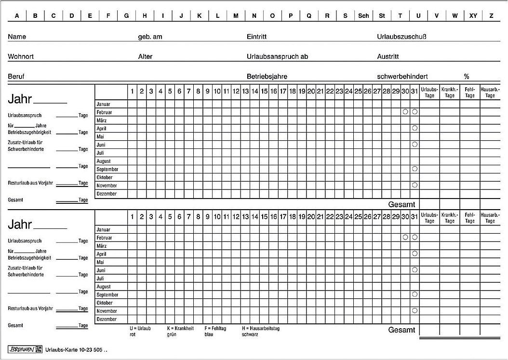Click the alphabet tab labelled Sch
coord(363,16)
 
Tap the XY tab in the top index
coord(473,16)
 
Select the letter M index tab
coord(236,16)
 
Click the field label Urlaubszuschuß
coord(401,37)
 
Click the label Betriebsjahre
coord(267,77)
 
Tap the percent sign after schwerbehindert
coord(467,77)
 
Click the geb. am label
coord(150,37)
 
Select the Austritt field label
coord(388,57)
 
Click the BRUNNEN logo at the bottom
coord(19,349)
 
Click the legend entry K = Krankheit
coord(180,328)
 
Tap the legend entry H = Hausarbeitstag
coord(261,328)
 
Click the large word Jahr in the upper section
coord(20,100)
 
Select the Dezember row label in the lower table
coord(107,319)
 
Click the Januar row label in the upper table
coord(103,104)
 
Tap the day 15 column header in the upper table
coord(264,91)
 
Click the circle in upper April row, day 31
coord(414,128)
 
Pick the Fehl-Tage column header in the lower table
coord(470,218)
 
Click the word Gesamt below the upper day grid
coord(401,204)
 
